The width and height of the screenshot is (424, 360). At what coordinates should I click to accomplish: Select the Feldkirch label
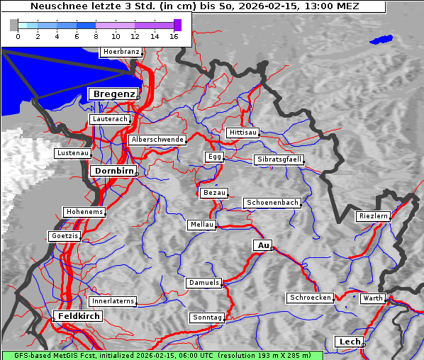pos(78,315)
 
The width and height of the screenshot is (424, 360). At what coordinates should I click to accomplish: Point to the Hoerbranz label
pos(121,52)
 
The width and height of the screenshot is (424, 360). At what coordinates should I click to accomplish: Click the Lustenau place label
pos(73,153)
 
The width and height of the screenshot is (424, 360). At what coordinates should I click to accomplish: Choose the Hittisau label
pos(243,133)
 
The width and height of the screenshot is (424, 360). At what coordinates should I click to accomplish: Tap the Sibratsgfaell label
pos(279,159)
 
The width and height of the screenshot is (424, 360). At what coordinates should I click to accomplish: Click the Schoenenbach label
pos(272,203)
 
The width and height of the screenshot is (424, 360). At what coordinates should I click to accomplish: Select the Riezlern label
pos(373,215)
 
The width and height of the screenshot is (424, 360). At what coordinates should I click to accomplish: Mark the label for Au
pos(263,245)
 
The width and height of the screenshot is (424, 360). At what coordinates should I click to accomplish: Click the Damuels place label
pos(204,283)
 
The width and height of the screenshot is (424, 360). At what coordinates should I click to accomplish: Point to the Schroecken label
pos(310,298)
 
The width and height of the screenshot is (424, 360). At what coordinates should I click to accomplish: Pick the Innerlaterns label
pos(113,301)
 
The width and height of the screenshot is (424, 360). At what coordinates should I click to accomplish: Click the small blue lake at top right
pos(381,40)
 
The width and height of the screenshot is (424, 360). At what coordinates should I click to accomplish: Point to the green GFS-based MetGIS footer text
pos(162,355)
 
